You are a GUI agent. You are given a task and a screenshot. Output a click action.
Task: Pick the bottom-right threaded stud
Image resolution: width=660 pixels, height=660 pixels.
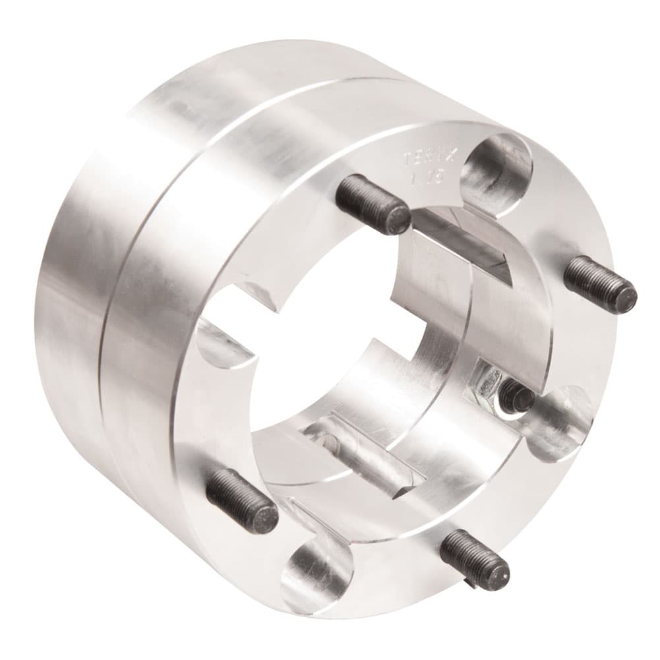pos(474,557)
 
